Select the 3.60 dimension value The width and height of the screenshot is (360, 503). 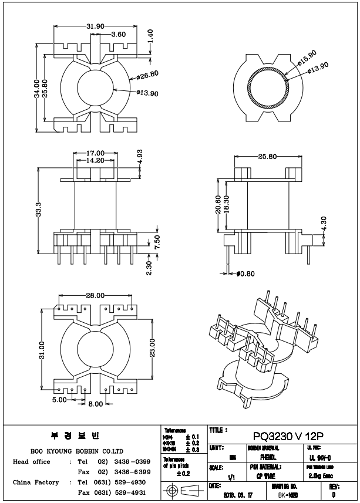(119, 35)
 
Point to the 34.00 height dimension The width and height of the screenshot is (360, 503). (37, 89)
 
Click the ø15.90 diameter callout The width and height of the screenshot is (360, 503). (307, 58)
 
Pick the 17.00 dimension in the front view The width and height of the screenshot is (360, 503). (96, 153)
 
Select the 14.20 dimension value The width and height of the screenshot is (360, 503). (95, 160)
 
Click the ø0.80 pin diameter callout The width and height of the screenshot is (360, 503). (246, 273)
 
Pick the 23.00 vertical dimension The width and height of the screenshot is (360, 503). (153, 350)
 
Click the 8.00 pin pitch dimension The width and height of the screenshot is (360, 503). (96, 403)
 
